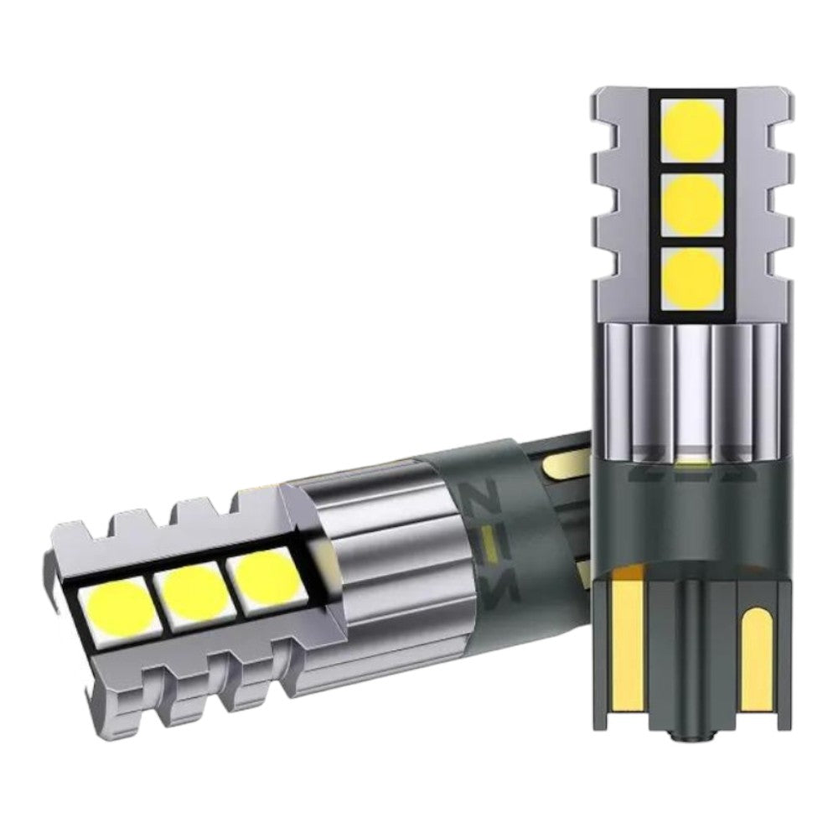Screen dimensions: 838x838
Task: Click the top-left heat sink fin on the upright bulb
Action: point(608,105)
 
